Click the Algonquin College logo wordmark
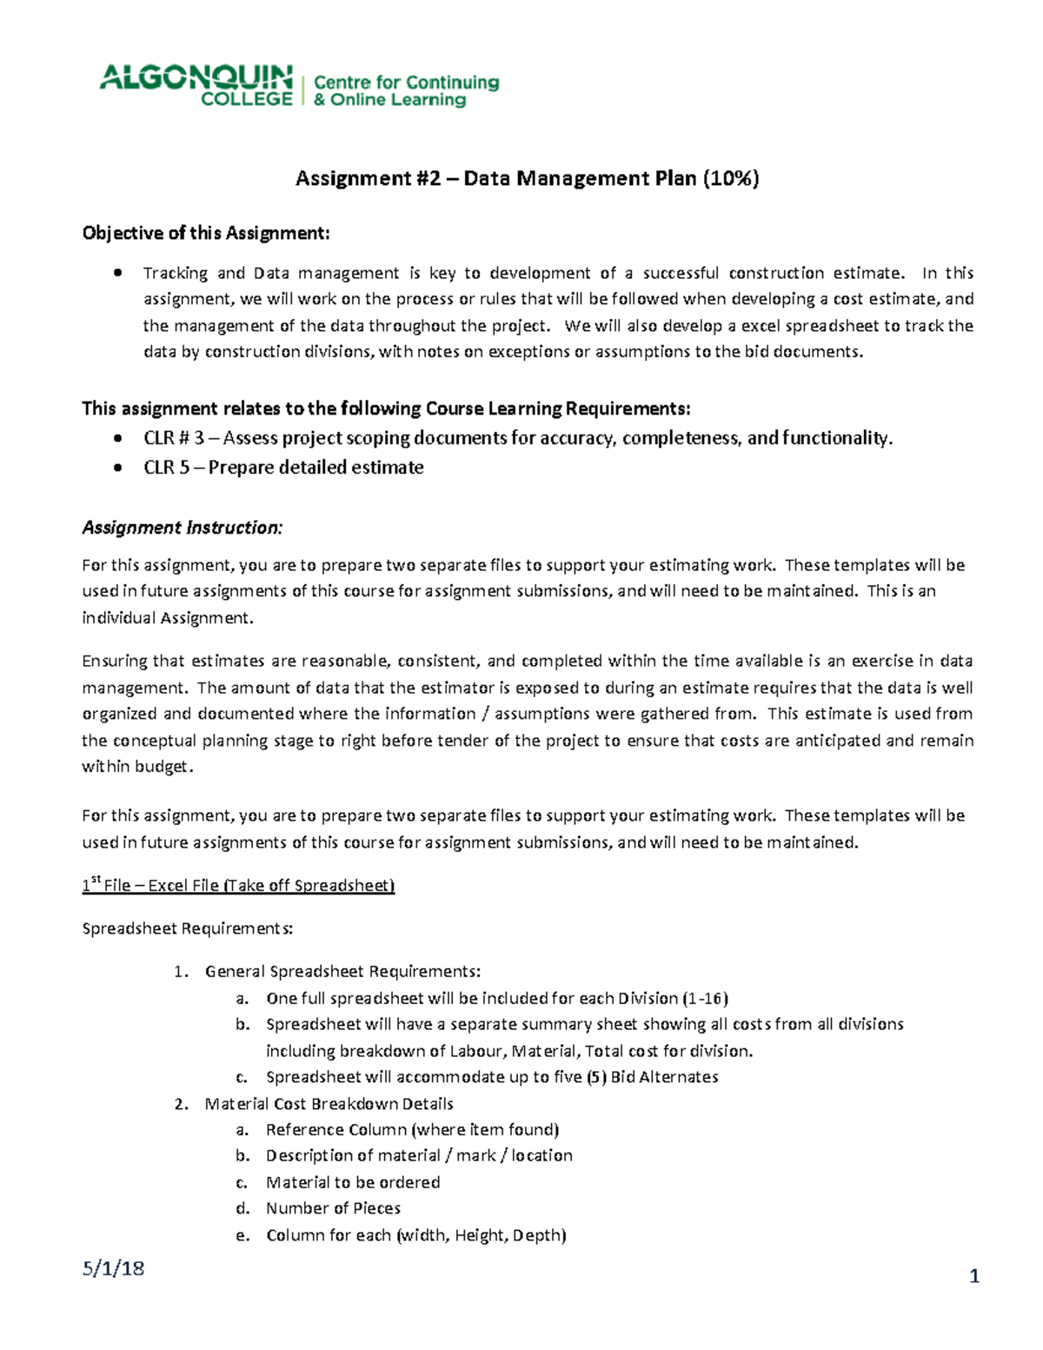[196, 85]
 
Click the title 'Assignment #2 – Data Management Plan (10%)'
[527, 179]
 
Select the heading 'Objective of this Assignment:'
[206, 233]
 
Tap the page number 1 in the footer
[974, 1276]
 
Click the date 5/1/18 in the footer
[113, 1268]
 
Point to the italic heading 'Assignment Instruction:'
[182, 528]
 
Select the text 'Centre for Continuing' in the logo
[406, 83]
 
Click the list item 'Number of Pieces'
[333, 1208]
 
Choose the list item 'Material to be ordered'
[353, 1182]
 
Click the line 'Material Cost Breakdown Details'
[329, 1104]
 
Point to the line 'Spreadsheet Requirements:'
[188, 928]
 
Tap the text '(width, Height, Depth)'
[482, 1235]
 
